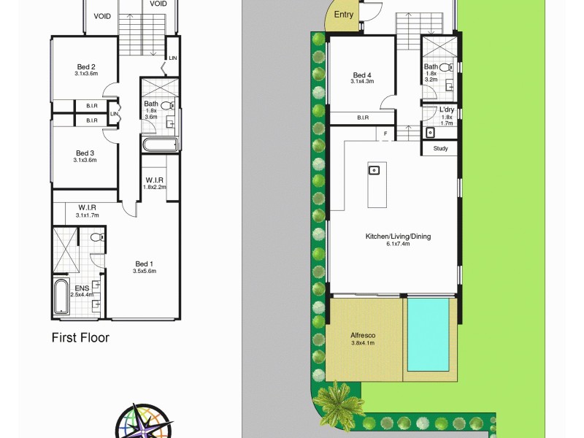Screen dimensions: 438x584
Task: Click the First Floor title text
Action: pos(80,338)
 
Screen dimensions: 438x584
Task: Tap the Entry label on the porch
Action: pos(344,15)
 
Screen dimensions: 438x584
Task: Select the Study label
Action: pos(440,149)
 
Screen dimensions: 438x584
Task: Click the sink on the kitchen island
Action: pos(374,170)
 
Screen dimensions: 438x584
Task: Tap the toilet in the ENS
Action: pos(95,237)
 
